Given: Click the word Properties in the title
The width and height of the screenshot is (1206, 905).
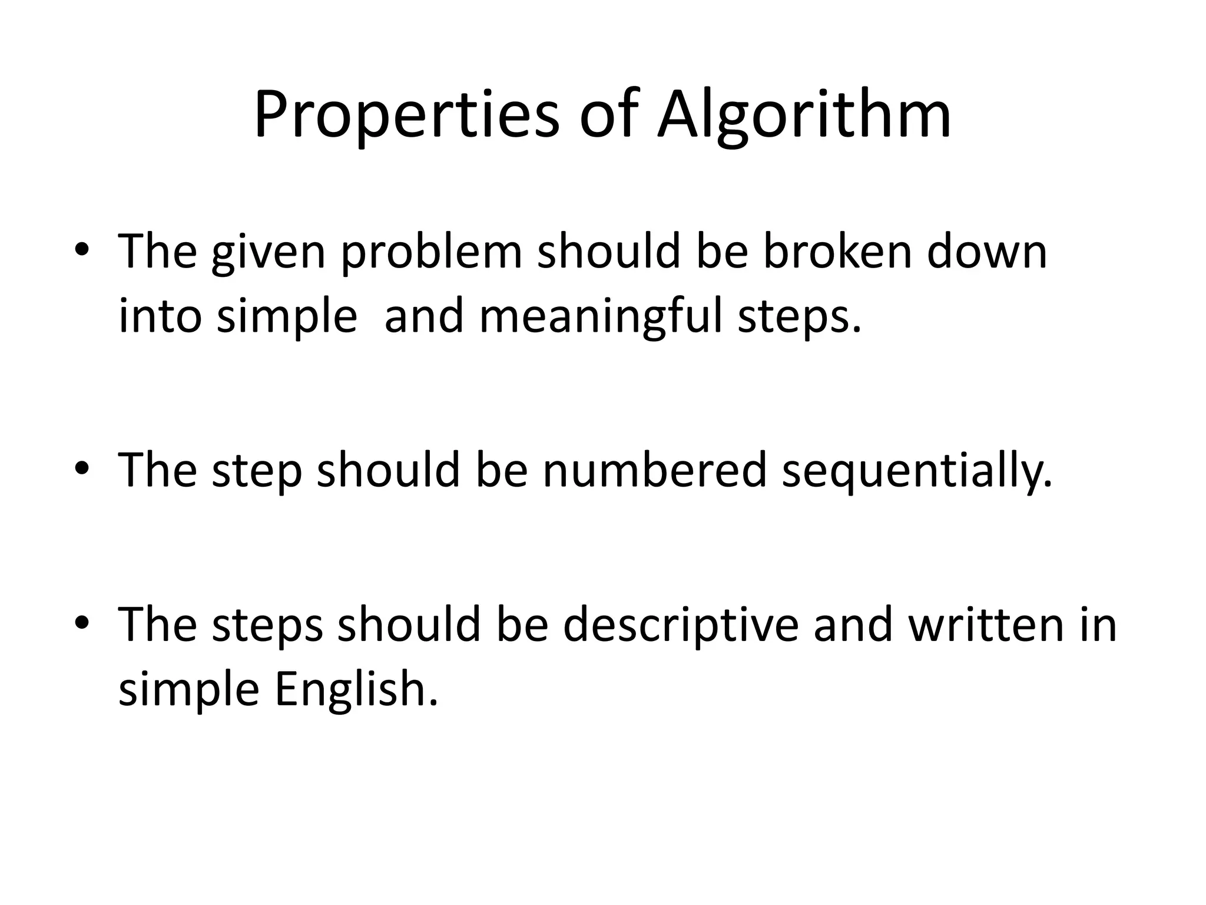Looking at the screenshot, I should [406, 115].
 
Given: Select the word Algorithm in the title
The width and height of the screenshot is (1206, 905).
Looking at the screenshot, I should [804, 115].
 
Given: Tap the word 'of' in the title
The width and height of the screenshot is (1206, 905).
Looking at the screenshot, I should [609, 115].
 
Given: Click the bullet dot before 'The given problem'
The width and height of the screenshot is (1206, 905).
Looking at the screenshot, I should [82, 250].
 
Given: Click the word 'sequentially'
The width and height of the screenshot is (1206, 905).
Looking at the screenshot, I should [916, 471].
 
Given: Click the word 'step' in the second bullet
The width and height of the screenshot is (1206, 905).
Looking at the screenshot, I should [257, 471].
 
